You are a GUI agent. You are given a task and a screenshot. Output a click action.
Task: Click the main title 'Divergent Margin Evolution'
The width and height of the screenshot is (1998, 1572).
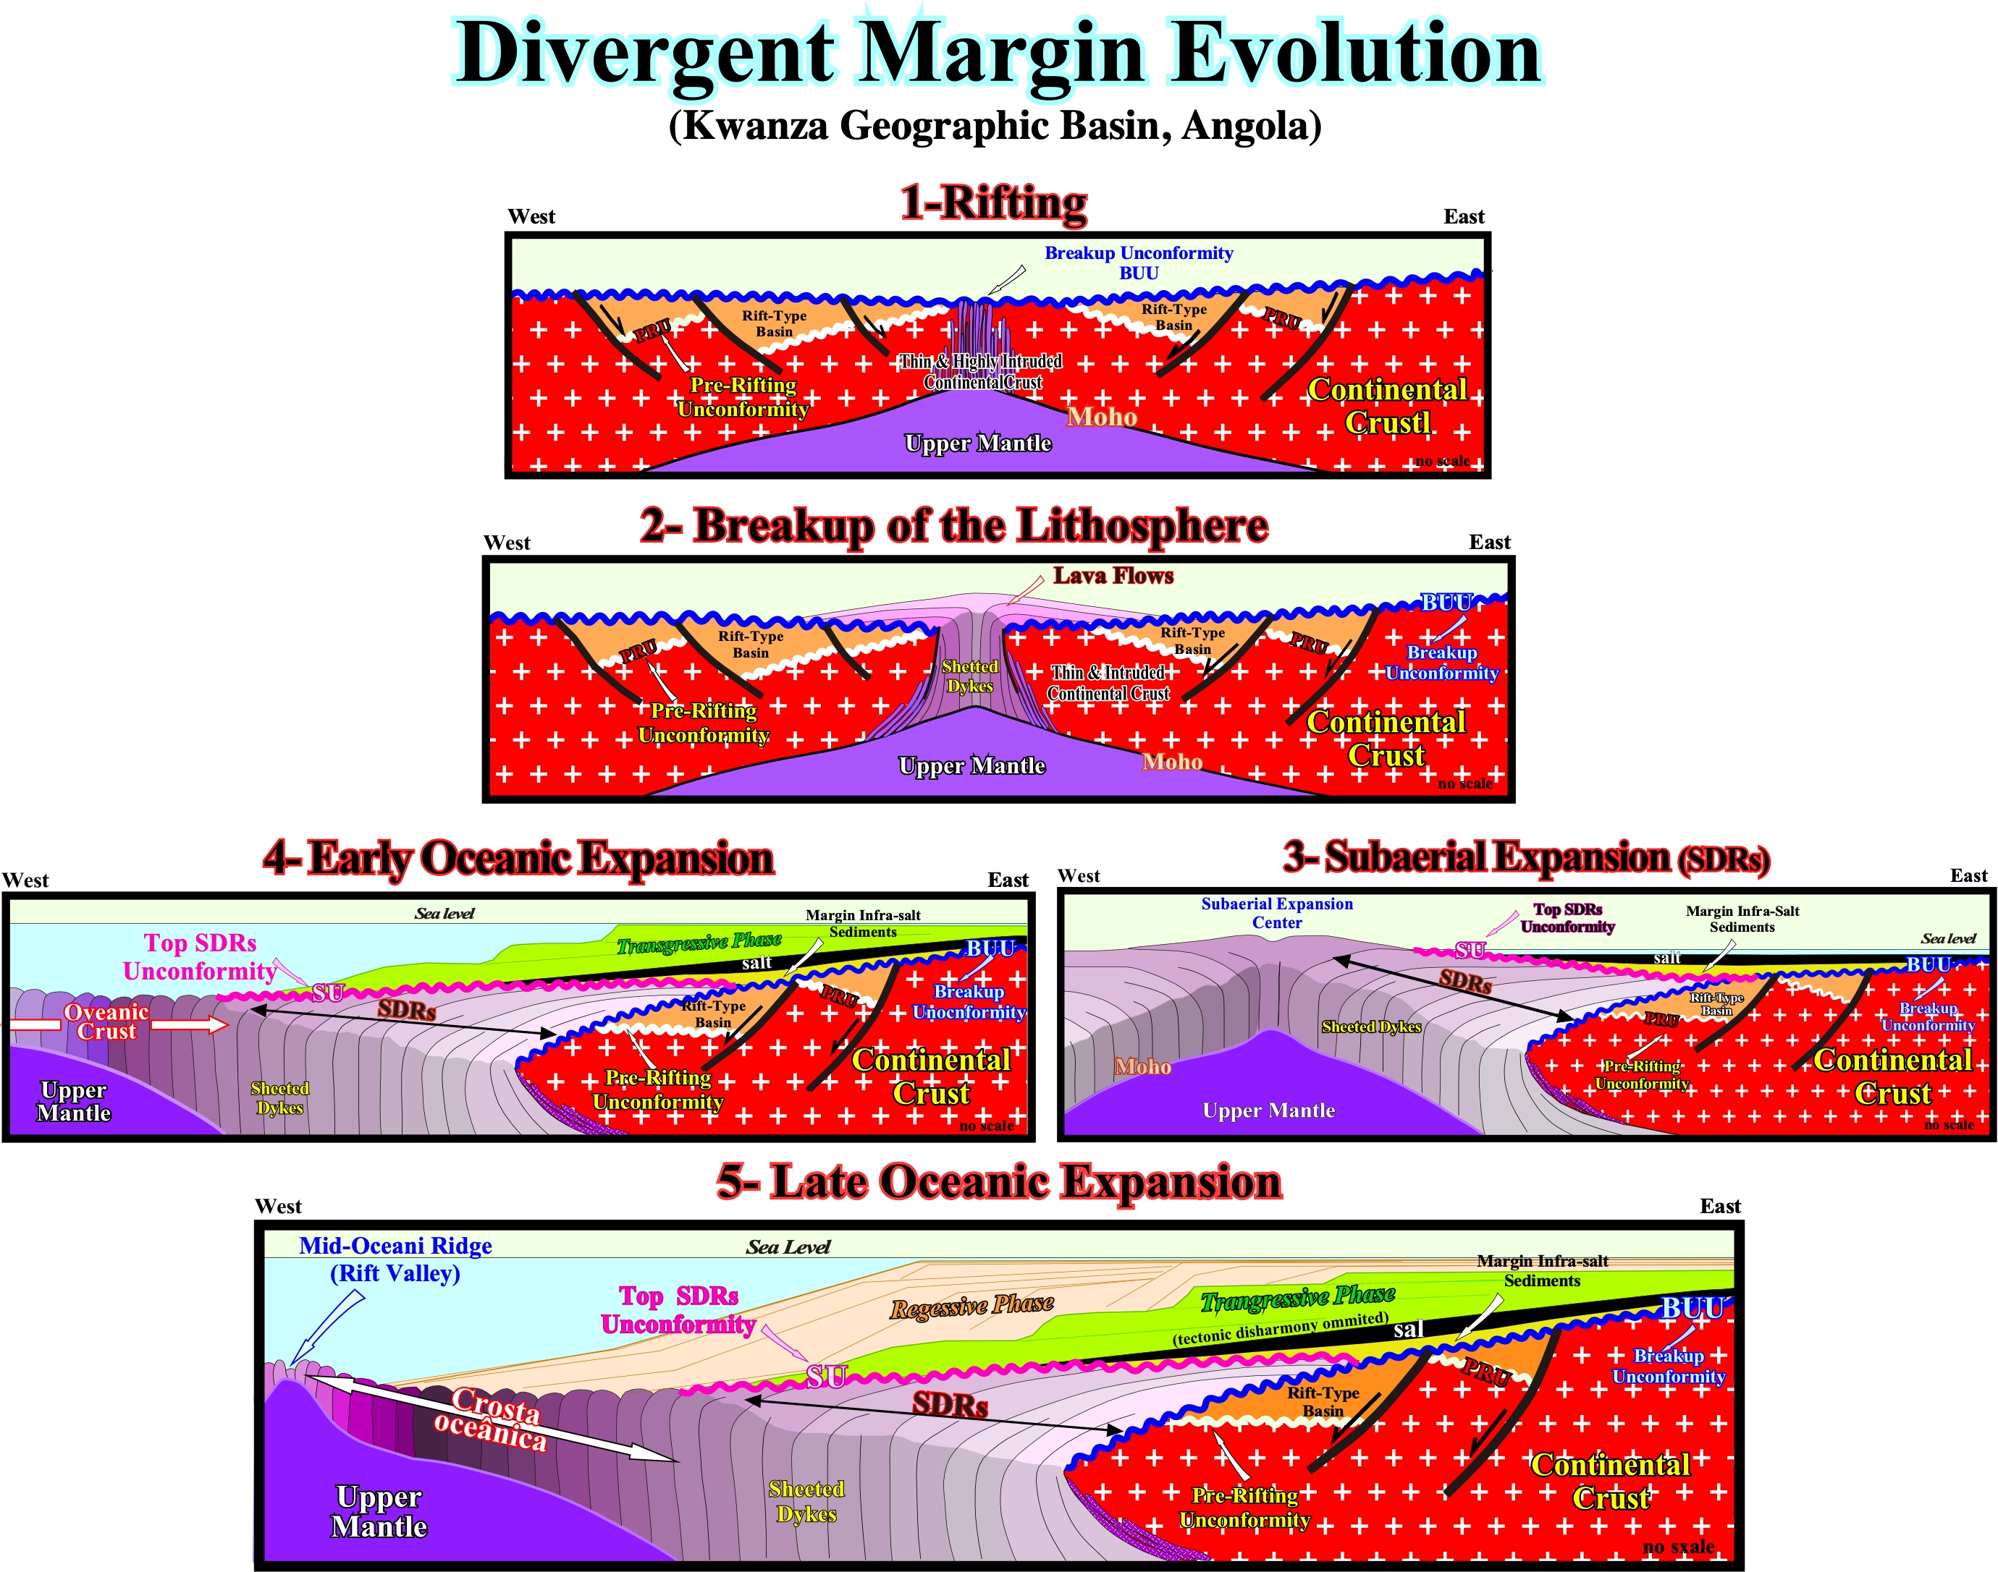coord(999,54)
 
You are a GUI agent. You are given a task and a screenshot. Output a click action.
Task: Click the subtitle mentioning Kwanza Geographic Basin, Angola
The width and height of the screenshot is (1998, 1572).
coord(995,126)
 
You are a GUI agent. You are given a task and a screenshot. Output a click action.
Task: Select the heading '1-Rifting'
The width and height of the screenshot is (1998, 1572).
coord(993,203)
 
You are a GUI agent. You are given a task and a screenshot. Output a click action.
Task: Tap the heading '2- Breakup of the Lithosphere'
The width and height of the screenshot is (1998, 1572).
coord(954,527)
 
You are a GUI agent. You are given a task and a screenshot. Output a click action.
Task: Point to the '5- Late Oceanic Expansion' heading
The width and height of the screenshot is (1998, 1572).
coord(999,1182)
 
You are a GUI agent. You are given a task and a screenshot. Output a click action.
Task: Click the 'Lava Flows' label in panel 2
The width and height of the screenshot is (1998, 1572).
coord(1113,576)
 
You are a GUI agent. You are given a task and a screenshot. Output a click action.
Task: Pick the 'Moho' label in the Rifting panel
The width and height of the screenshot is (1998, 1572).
coord(1102,417)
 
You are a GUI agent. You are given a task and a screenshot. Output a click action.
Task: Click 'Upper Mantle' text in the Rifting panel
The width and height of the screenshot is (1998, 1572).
coord(978,443)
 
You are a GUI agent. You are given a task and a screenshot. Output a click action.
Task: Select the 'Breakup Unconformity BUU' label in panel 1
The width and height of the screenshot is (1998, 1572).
coord(1139,263)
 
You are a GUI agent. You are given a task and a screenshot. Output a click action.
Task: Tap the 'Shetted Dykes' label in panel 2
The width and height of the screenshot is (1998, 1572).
coord(969,676)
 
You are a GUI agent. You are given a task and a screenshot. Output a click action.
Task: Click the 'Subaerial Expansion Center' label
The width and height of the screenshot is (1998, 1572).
coord(1277,913)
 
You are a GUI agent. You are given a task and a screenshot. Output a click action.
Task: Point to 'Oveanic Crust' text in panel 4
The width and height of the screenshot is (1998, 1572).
coord(106,1021)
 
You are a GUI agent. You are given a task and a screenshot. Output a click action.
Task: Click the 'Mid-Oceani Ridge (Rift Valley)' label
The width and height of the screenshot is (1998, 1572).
coord(395,1259)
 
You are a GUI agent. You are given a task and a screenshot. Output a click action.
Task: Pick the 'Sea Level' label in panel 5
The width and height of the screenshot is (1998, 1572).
coord(788,1247)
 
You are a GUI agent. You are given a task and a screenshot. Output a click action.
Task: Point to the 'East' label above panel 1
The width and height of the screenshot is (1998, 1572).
coord(1464,216)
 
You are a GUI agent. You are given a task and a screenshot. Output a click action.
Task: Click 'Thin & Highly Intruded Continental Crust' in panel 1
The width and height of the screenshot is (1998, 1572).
coord(982,372)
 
